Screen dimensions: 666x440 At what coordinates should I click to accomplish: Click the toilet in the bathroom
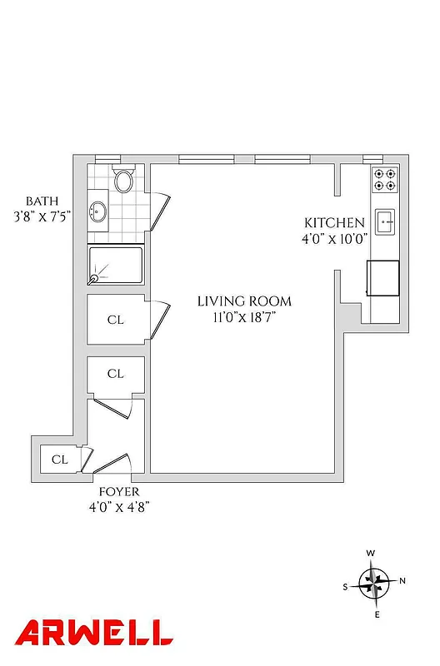point(124,181)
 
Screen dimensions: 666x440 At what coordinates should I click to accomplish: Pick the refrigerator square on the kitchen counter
point(383,277)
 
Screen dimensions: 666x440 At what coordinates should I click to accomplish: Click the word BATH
point(42,201)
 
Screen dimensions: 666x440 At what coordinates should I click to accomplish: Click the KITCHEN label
point(333,223)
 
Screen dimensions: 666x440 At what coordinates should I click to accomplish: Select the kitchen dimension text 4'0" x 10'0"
point(333,239)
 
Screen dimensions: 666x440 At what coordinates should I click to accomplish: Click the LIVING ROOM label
point(244,301)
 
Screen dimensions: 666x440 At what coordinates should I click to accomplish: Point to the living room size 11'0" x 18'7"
point(244,317)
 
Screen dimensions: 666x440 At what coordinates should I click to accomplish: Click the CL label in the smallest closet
point(59,460)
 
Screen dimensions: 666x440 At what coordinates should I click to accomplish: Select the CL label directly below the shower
point(115,319)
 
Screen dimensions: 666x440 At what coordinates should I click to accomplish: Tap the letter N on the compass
point(402,581)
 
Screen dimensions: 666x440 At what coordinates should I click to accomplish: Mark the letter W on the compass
point(372,553)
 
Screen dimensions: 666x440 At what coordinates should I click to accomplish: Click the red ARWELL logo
point(94,634)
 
